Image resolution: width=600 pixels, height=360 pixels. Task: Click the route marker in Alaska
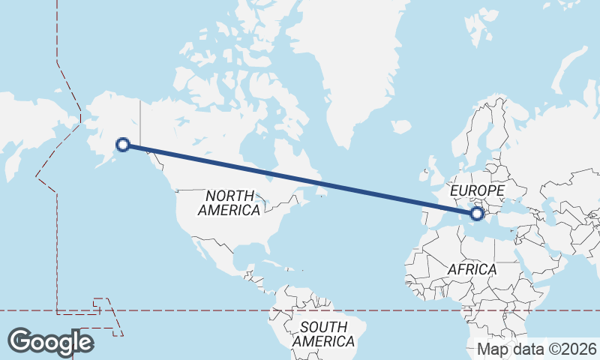[124, 144]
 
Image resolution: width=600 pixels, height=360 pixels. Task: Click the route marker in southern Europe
[477, 214]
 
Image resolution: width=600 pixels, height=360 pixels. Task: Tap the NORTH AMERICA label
[229, 202]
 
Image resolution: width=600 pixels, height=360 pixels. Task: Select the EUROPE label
[477, 192]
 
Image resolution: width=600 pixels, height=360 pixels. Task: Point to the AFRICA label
[472, 268]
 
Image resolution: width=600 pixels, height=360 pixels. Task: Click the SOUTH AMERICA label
[324, 334]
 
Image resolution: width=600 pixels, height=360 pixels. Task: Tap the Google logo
[50, 342]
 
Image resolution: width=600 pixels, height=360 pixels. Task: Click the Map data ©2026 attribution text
[536, 349]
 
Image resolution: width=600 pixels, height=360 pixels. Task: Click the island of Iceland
[401, 127]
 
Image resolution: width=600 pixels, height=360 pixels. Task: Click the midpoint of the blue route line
[300, 179]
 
